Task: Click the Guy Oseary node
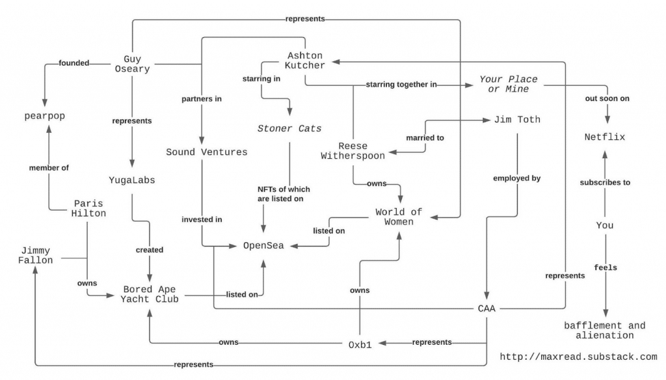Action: coord(132,64)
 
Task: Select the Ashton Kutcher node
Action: coord(305,61)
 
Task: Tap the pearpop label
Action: coord(45,116)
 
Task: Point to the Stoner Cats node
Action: coord(289,128)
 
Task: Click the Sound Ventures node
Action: coord(206,152)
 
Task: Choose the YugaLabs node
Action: coord(131,180)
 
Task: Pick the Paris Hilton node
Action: coord(88,208)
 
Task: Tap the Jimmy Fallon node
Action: coord(35,256)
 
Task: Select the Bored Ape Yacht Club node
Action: coord(150,294)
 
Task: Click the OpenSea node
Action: coord(263,246)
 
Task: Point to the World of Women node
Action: coord(399,217)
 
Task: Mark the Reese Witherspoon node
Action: coord(353,151)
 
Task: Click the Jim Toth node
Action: coord(517,120)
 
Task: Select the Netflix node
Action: coord(604,137)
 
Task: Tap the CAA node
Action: coord(486,308)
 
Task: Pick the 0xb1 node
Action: coord(360,345)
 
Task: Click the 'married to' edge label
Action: coord(425,138)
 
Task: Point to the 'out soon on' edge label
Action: coord(607,98)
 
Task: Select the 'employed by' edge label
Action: coord(516,178)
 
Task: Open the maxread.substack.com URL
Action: coord(578,357)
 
